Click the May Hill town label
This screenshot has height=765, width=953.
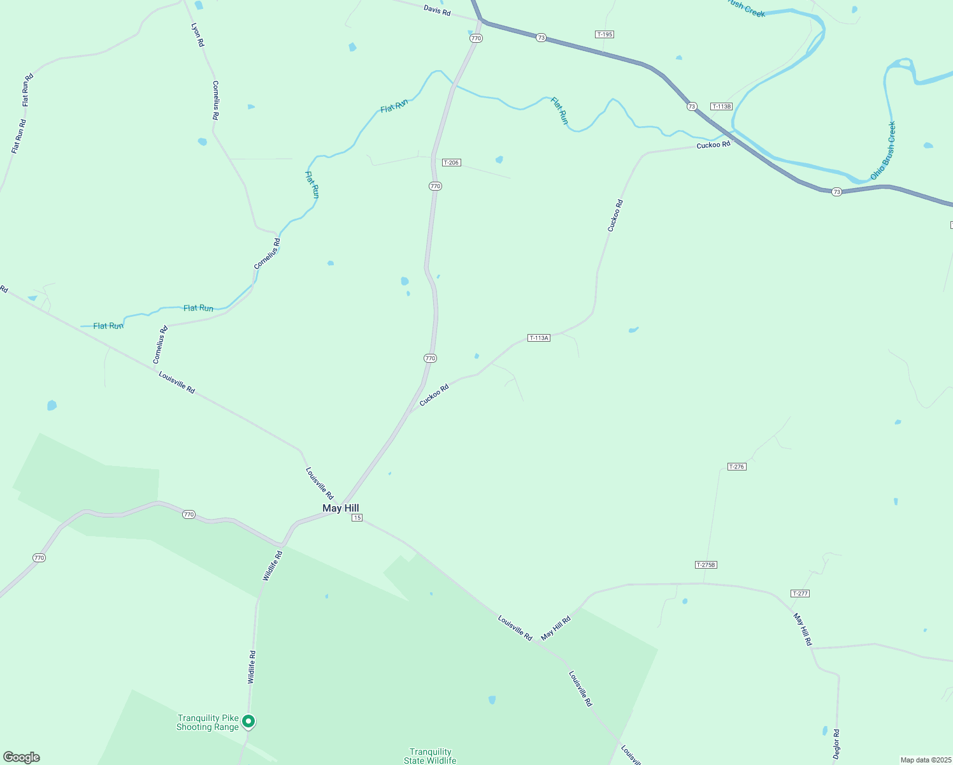[x=340, y=508]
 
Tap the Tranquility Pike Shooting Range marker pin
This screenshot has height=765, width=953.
[x=248, y=721]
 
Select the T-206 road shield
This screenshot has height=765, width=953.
[x=451, y=163]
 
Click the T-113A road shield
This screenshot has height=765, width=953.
[x=538, y=338]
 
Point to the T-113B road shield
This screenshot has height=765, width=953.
[x=721, y=106]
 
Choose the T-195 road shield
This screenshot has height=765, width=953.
[x=604, y=34]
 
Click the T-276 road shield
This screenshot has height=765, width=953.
[x=736, y=467]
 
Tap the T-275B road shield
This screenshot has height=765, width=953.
[x=706, y=565]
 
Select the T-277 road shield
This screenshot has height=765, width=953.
[x=799, y=594]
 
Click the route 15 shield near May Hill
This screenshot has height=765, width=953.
[x=357, y=518]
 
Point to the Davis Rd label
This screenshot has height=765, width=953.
[x=437, y=10]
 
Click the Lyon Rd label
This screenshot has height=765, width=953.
[x=197, y=34]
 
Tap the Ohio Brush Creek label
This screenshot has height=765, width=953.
[x=884, y=150]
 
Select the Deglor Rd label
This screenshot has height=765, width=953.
[x=836, y=743]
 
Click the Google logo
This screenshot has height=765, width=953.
[x=22, y=757]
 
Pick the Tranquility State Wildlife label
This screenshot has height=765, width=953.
[x=430, y=756]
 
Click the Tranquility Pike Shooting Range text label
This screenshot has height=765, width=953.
[x=208, y=722]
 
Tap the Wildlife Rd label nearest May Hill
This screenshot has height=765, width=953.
[x=273, y=565]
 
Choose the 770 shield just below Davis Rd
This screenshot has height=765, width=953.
[x=476, y=38]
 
